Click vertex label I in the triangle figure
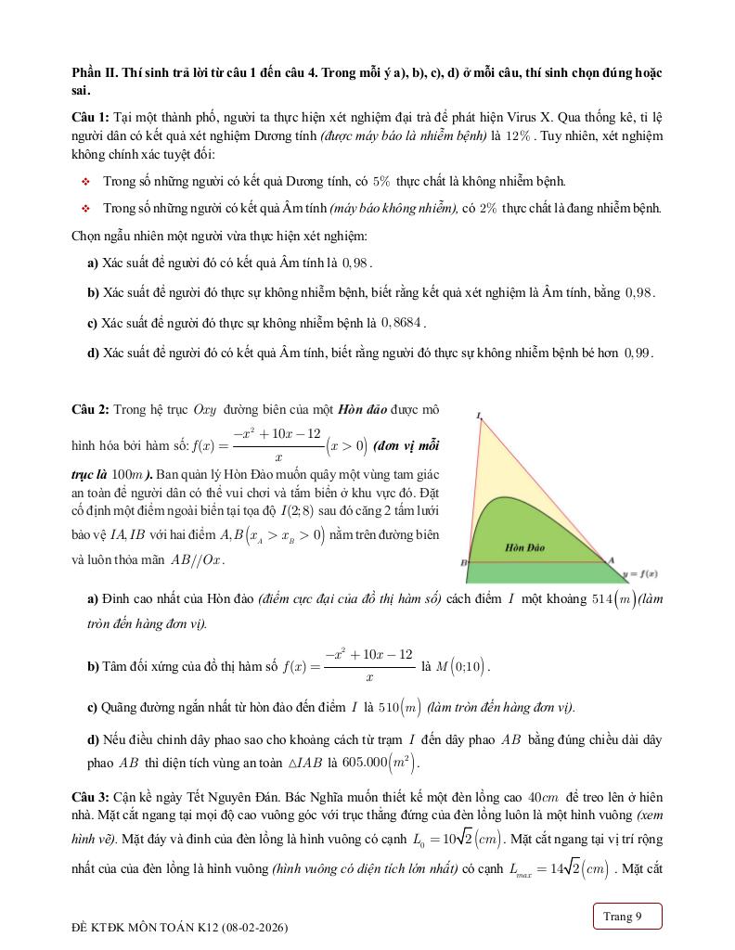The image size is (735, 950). click(x=479, y=416)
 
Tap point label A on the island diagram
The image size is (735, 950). click(x=611, y=559)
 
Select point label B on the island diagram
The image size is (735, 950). click(x=463, y=563)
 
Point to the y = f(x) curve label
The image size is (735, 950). click(x=640, y=573)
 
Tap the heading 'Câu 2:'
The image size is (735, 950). click(x=91, y=409)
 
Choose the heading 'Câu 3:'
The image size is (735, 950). click(x=91, y=797)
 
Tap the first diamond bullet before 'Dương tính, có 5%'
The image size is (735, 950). click(x=85, y=182)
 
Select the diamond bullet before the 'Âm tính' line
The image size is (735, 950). click(x=85, y=209)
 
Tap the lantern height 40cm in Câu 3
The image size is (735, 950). click(x=541, y=797)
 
